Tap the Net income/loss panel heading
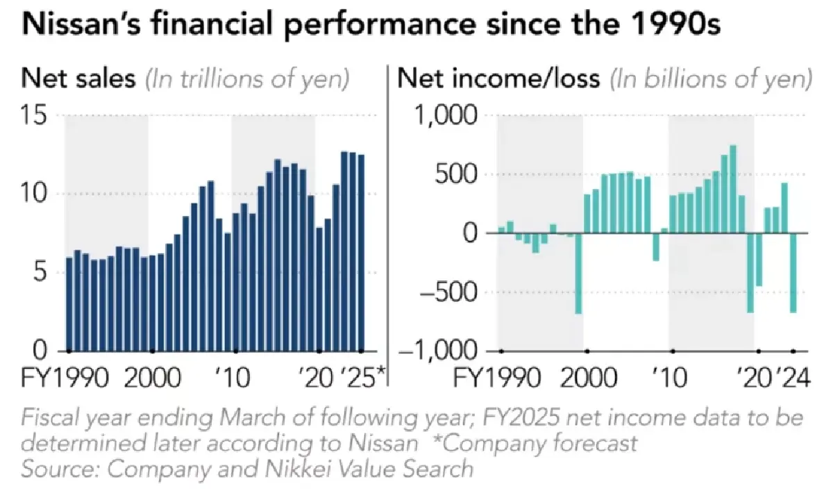point(498,79)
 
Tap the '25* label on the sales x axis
point(362,380)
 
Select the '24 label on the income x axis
point(794,380)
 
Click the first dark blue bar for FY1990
point(69,303)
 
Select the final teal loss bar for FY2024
point(793,273)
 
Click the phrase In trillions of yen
point(246,79)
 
